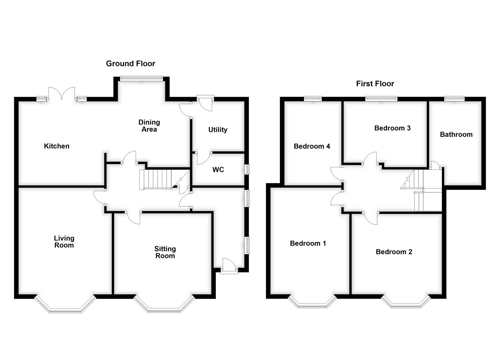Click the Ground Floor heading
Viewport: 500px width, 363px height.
pyautogui.click(x=130, y=64)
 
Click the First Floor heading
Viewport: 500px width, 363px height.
pyautogui.click(x=375, y=84)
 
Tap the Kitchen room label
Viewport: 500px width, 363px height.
pyautogui.click(x=57, y=146)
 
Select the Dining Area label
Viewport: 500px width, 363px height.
pyautogui.click(x=149, y=126)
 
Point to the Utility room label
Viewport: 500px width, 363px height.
pyautogui.click(x=218, y=130)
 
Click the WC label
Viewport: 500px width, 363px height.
pyautogui.click(x=218, y=170)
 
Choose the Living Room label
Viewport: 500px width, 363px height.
pyautogui.click(x=64, y=242)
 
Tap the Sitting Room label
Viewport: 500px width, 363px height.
pyautogui.click(x=165, y=252)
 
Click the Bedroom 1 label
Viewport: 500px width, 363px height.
pyautogui.click(x=308, y=243)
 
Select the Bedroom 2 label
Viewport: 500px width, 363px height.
pyautogui.click(x=394, y=252)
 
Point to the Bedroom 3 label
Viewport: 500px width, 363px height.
pyautogui.click(x=392, y=128)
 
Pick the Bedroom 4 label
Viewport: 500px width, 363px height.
pyautogui.click(x=312, y=146)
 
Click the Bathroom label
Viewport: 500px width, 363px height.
pyautogui.click(x=456, y=134)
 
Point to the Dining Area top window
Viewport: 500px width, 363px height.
pyautogui.click(x=141, y=79)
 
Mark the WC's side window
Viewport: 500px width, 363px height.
pyautogui.click(x=247, y=169)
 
